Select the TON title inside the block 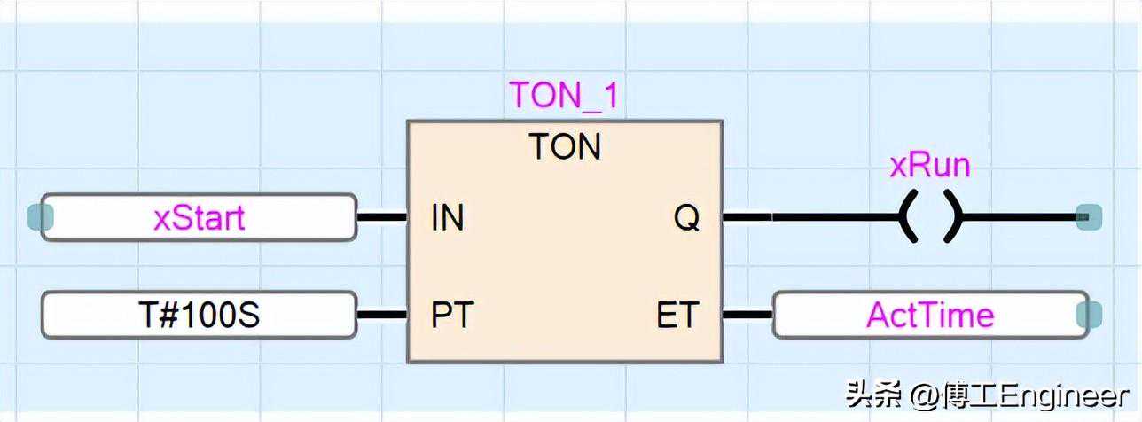(565, 147)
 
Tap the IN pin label (448, 218)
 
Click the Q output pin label (686, 218)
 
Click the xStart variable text (199, 218)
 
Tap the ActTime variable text (930, 316)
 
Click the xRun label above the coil (930, 166)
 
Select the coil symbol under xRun (930, 216)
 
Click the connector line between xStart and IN (382, 216)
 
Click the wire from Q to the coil (807, 216)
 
